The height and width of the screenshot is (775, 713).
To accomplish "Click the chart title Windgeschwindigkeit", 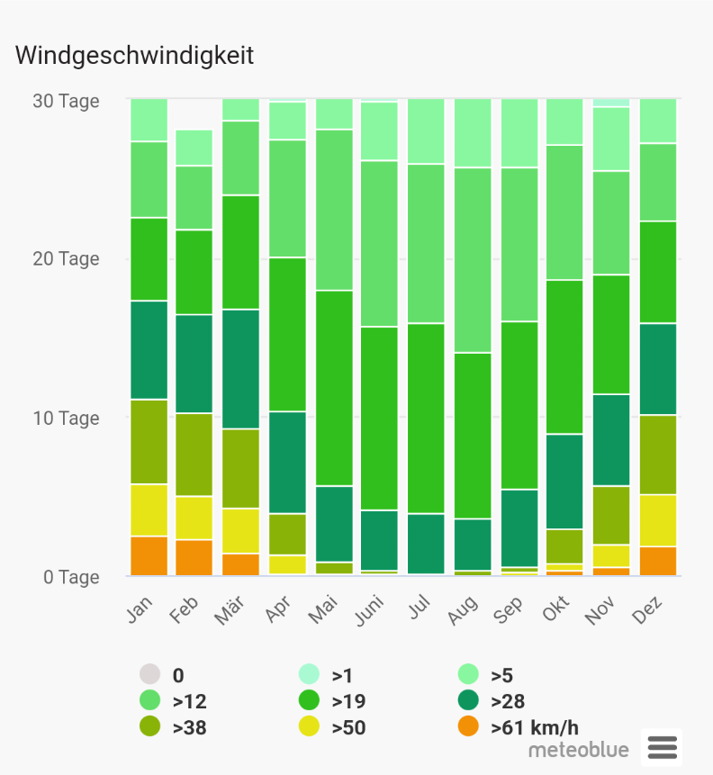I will tap(134, 56).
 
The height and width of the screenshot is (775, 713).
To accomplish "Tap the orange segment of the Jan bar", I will tap(149, 555).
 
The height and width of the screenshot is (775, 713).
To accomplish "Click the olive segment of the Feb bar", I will tap(194, 455).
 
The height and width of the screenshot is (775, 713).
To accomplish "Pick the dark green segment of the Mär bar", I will tap(240, 369).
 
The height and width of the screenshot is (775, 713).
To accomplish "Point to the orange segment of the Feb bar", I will tap(194, 557).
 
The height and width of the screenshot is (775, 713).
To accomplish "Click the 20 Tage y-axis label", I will tap(66, 259).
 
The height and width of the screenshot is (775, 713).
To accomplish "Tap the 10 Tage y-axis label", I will tap(66, 418).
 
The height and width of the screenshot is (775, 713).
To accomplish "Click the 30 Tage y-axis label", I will tap(66, 101).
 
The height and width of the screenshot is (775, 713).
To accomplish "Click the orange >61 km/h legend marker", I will tap(467, 726).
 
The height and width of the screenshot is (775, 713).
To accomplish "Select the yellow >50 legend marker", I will tap(309, 726).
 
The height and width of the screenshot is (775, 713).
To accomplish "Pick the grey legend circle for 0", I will tap(149, 674).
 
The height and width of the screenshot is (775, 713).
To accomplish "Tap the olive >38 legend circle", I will tap(149, 726).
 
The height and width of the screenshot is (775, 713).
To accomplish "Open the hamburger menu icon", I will tap(662, 747).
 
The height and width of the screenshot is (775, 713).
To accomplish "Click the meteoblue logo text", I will tap(579, 749).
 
